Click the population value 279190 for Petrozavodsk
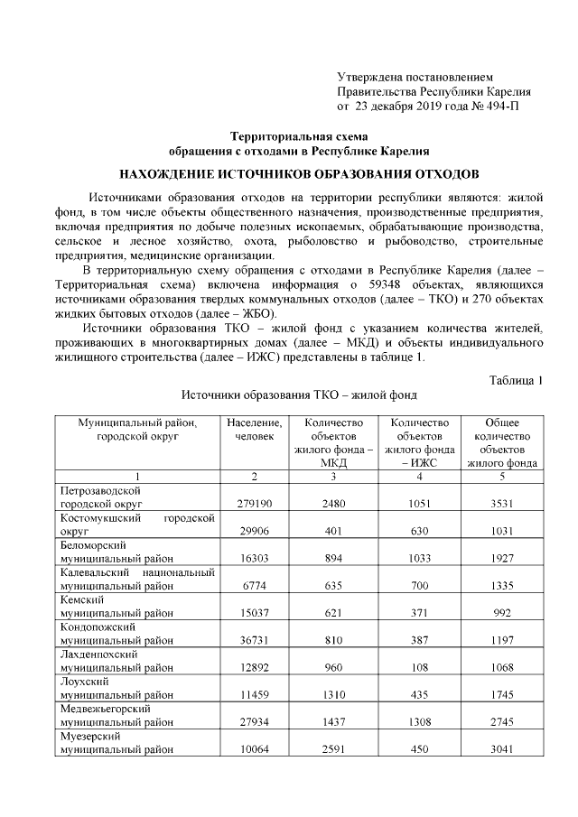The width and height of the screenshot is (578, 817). pyautogui.click(x=254, y=503)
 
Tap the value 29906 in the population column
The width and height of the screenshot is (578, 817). pyautogui.click(x=254, y=531)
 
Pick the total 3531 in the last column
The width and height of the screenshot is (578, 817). pyautogui.click(x=501, y=503)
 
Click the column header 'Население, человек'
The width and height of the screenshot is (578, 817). pyautogui.click(x=254, y=429)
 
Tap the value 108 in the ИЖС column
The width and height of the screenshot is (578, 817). pyautogui.click(x=418, y=666)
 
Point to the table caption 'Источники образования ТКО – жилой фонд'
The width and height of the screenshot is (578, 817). pyautogui.click(x=299, y=395)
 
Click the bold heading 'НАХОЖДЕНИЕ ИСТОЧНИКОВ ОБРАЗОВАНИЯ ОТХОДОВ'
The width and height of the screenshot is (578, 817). pyautogui.click(x=299, y=172)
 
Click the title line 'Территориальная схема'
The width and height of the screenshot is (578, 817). pyautogui.click(x=299, y=135)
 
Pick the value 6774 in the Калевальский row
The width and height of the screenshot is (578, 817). pyautogui.click(x=254, y=585)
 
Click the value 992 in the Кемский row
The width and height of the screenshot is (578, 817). pyautogui.click(x=501, y=612)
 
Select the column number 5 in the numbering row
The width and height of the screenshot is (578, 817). pyautogui.click(x=501, y=476)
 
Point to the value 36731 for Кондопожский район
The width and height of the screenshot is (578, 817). pyautogui.click(x=254, y=639)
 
